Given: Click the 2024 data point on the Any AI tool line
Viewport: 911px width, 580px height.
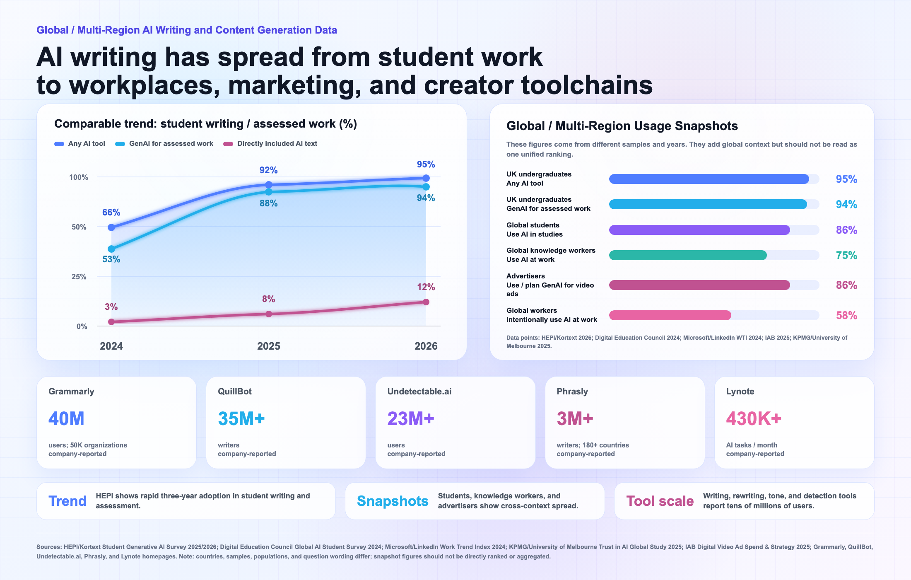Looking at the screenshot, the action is pos(111,227).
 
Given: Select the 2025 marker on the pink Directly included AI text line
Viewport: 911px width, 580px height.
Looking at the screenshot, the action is pos(269,314).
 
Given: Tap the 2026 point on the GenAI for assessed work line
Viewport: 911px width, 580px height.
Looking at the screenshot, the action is pos(426,187).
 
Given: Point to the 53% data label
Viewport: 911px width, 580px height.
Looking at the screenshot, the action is pos(111,259).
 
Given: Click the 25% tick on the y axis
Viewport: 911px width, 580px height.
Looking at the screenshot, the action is pos(79,277).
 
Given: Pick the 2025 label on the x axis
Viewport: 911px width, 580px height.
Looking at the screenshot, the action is pos(269,346).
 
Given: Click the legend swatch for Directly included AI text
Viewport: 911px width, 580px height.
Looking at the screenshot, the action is pos(228,144).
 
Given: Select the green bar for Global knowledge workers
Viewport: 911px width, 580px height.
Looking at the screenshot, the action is pos(688,255).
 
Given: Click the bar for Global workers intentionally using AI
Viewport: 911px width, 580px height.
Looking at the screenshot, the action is pos(670,315).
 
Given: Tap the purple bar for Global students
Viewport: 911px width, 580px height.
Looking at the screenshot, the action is pos(699,230).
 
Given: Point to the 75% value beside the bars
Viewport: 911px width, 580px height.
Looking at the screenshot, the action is pos(846,255).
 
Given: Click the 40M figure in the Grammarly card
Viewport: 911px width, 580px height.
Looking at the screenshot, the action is pos(66,418).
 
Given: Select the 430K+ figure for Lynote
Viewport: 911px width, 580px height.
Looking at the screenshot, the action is pos(754,418).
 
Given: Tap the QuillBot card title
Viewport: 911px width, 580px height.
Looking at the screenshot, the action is pos(235,391).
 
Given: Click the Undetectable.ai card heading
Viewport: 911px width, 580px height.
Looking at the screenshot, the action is pos(419,391).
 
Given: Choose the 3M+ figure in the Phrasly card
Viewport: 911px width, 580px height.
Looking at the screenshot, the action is pos(575,418).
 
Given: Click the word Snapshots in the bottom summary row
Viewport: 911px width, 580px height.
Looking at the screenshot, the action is pos(393,501).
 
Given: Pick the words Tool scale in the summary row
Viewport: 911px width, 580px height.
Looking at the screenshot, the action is pos(660,501).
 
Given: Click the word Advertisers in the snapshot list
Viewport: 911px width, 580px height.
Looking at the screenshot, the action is pos(525,276).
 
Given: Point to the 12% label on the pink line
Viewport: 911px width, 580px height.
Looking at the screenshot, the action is pos(426,287).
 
